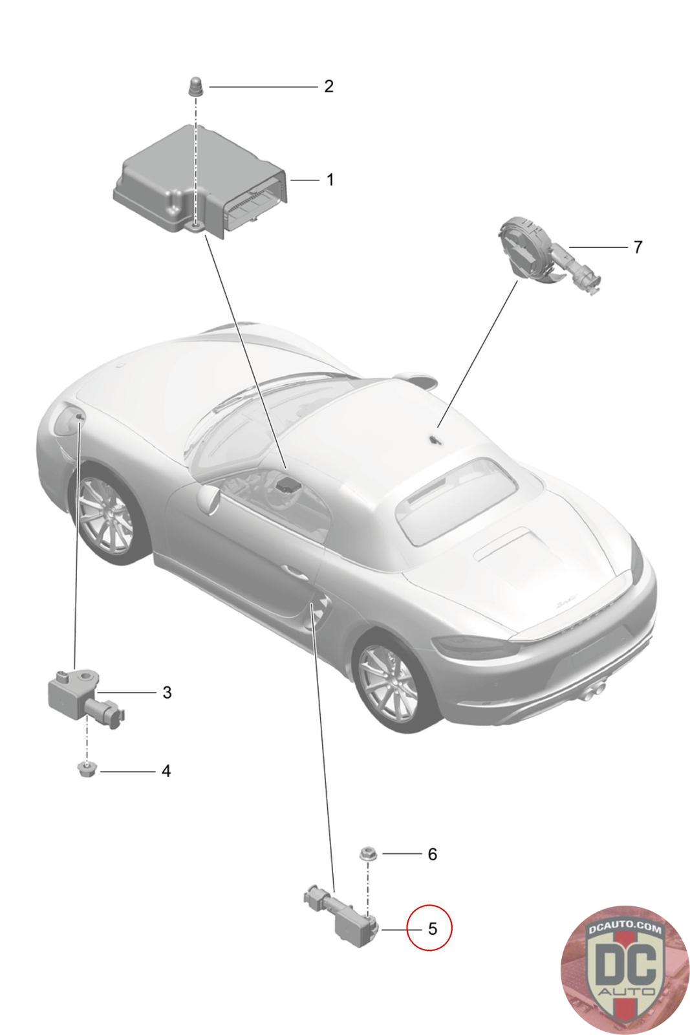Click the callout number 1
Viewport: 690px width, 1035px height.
click(x=330, y=180)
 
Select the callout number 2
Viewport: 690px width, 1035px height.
click(x=329, y=87)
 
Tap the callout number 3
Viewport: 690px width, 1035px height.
click(x=167, y=693)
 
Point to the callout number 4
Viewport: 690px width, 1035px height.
click(x=166, y=771)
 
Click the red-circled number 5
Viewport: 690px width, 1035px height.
click(x=432, y=929)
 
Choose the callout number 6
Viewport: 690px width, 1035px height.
click(x=432, y=854)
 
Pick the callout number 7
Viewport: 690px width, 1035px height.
click(x=638, y=247)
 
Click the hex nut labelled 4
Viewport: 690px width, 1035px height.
click(x=85, y=770)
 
